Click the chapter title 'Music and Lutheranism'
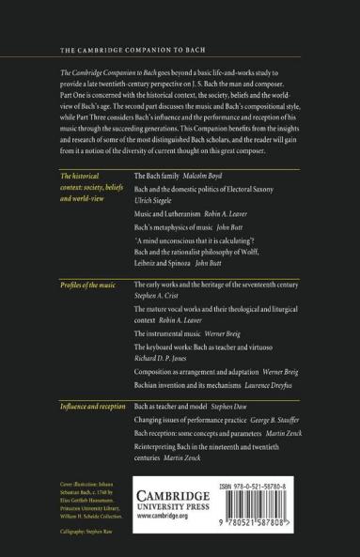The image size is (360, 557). [x=167, y=215]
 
